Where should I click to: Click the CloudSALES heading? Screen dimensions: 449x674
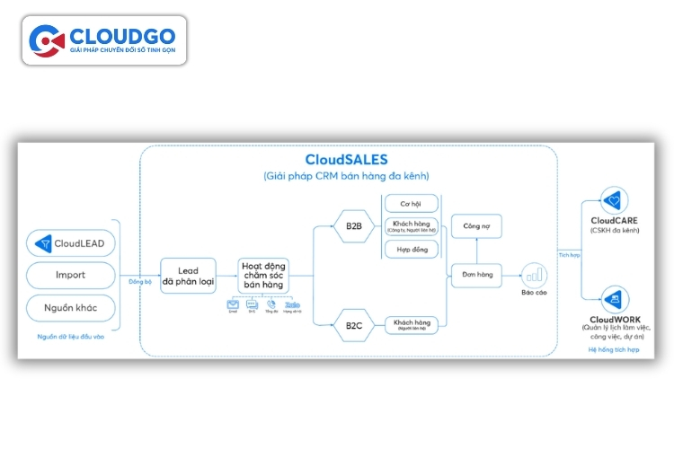pos(346,159)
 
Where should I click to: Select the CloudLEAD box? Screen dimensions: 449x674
pos(71,242)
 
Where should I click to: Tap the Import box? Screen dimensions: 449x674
pos(71,275)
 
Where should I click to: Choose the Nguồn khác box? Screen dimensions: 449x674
pos(71,308)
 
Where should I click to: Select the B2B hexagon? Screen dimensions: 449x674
pos(353,225)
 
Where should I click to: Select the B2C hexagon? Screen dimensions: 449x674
pos(353,325)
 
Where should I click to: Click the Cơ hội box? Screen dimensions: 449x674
pos(411,203)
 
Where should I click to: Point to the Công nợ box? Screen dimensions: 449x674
pos(476,227)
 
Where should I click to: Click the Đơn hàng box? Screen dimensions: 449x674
pos(476,274)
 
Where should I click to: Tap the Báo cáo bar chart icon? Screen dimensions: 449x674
pos(535,274)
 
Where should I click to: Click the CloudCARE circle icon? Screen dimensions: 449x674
pos(615,199)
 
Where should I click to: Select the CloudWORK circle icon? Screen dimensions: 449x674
pos(615,299)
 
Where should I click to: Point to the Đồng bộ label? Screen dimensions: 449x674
pos(140,281)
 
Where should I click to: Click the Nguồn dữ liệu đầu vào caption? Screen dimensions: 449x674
pos(71,337)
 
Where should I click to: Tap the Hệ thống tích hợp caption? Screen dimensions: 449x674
pos(615,348)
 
